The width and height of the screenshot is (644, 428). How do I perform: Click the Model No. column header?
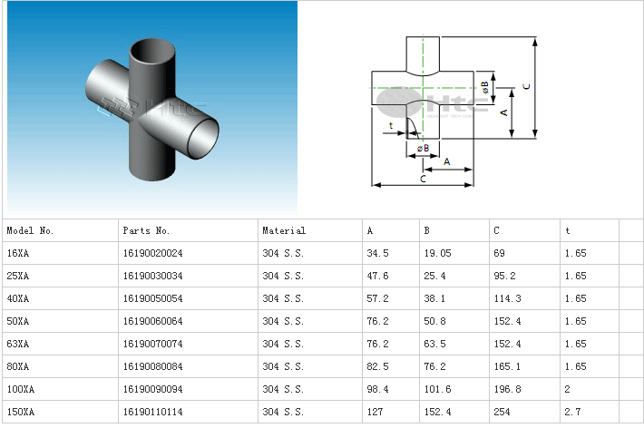coord(31,231)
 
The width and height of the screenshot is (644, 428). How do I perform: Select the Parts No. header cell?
coord(146,231)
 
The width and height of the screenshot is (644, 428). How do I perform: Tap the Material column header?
coord(284,231)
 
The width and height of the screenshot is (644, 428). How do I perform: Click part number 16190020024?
coord(152,254)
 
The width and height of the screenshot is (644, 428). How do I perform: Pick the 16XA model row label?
coord(18,254)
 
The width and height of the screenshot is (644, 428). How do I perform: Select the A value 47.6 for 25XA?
coord(377,277)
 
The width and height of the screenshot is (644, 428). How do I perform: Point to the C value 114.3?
coord(506,299)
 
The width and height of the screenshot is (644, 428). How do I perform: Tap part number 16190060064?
coord(152,321)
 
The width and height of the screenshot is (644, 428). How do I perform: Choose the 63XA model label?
coord(18,344)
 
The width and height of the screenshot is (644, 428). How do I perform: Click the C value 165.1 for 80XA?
coord(506,366)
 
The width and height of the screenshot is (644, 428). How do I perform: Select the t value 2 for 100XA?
coord(567,389)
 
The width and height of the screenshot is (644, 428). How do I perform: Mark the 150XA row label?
coord(20,412)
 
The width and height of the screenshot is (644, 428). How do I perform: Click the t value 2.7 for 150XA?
coord(571,412)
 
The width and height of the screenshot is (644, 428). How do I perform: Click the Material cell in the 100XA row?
coord(282,389)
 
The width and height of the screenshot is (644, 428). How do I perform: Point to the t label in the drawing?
coord(391,125)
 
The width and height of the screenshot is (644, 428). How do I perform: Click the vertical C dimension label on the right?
coord(527,86)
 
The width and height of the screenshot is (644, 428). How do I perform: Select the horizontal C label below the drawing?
coord(423,180)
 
